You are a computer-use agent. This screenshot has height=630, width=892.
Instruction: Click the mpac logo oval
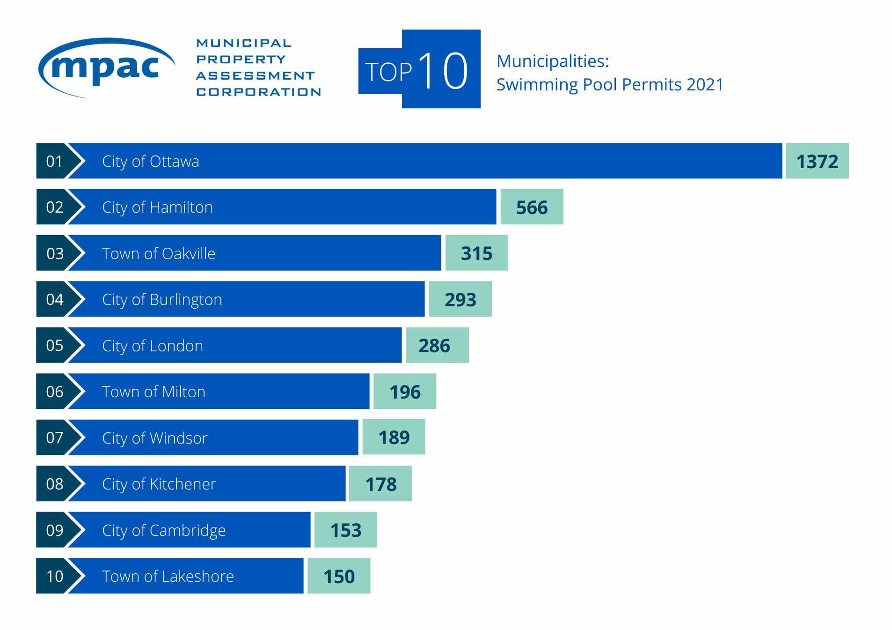coord(106,68)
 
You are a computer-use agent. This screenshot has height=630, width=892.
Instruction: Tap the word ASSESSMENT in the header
coord(256,76)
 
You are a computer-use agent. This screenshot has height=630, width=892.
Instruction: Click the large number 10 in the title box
coord(442,71)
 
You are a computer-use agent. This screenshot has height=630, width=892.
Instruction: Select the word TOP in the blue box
coord(388,72)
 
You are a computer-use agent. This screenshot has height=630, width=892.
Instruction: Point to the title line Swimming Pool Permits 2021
coord(609,85)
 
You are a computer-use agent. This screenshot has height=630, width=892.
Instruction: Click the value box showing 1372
coord(817,162)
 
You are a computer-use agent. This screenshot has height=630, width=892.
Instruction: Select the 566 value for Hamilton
coord(532,208)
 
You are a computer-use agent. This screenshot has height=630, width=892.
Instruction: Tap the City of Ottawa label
coord(150,162)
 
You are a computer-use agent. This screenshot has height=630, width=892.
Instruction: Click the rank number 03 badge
coord(55,253)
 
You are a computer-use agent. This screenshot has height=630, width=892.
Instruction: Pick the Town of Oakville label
coord(159,253)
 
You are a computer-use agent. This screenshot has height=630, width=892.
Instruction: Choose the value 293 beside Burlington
coord(460,300)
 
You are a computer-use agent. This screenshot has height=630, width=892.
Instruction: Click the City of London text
coord(153,346)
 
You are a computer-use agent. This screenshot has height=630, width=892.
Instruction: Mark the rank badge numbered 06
coord(55,392)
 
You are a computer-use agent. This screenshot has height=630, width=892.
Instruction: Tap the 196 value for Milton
coord(405,392)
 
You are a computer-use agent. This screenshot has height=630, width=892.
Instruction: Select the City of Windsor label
coord(154,438)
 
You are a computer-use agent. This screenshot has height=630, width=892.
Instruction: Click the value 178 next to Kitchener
coord(380,484)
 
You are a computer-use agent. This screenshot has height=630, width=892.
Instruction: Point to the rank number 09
coord(55,530)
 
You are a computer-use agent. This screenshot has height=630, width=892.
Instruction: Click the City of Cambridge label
coord(164,530)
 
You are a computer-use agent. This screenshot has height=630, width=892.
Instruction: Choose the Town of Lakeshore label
coord(168,576)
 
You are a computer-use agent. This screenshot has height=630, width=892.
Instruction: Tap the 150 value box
coord(339,577)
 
